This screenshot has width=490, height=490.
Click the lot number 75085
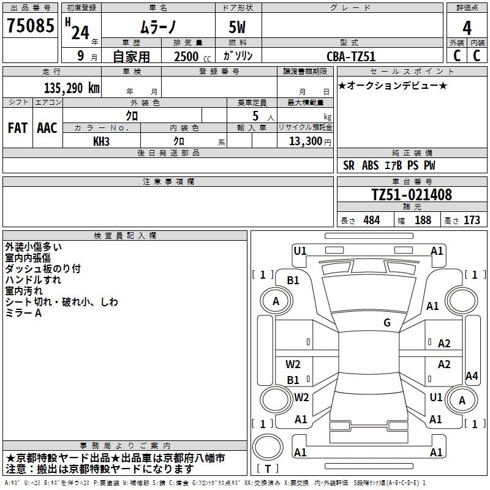30,26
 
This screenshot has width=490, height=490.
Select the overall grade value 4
467,28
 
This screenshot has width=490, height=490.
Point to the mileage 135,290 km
72,88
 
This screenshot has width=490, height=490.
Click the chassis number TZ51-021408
412,195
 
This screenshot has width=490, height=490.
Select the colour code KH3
101,141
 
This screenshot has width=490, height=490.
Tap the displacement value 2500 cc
190,56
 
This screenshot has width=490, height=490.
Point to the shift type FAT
17,127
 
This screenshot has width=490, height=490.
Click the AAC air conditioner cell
47,127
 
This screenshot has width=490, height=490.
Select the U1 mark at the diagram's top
300,251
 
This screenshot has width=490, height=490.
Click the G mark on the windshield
387,323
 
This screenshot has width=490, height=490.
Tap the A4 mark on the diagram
472,376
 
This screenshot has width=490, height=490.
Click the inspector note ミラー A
23,313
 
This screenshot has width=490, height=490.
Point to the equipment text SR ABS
361,165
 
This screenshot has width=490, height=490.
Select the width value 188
423,221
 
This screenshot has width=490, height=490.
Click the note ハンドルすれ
33,280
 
